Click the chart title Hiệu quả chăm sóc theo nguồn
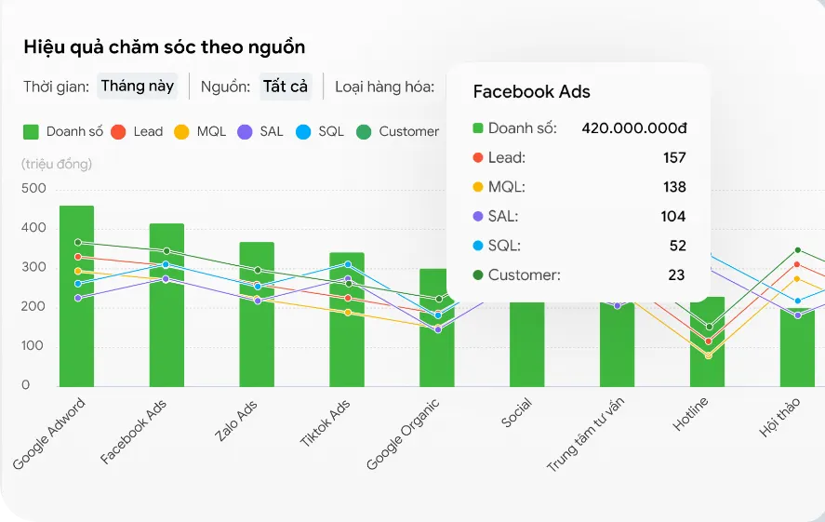pyautogui.click(x=164, y=47)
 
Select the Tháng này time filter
pyautogui.click(x=137, y=87)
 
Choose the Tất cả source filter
pyautogui.click(x=285, y=87)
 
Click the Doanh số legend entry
pyautogui.click(x=62, y=131)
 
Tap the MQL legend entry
pyautogui.click(x=200, y=131)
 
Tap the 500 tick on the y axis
pyautogui.click(x=33, y=188)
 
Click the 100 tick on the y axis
pyautogui.click(x=33, y=346)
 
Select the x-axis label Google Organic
pyautogui.click(x=403, y=434)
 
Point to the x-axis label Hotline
pyautogui.click(x=691, y=415)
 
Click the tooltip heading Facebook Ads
pyautogui.click(x=531, y=91)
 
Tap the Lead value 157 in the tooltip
pyautogui.click(x=674, y=158)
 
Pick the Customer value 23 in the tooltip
pyautogui.click(x=676, y=274)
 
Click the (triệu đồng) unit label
pyautogui.click(x=56, y=165)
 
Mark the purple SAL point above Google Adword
pyautogui.click(x=78, y=298)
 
